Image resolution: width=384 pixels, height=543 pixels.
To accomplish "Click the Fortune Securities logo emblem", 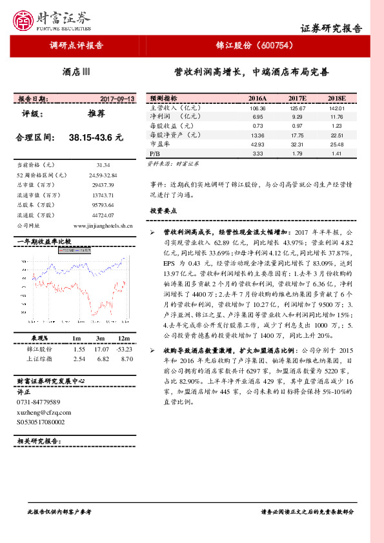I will click(x=26, y=21).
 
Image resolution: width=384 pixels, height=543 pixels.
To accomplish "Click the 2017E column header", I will click(x=297, y=99).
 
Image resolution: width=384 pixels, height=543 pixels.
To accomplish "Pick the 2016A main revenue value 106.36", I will click(x=258, y=108).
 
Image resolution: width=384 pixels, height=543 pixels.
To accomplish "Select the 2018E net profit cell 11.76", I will click(x=336, y=117).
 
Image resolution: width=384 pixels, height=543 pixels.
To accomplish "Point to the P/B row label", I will click(x=154, y=154).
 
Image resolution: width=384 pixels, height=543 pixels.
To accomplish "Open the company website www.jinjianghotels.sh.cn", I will click(x=103, y=226).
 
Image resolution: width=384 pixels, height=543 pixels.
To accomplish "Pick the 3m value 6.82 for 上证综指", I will click(x=101, y=359).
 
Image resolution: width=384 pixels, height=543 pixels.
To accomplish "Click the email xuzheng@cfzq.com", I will click(x=44, y=411).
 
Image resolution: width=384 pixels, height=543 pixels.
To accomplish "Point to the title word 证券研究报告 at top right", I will click(x=332, y=29).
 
